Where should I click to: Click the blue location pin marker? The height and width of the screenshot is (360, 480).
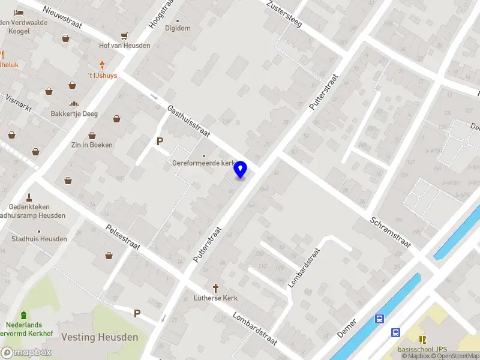[x=241, y=169]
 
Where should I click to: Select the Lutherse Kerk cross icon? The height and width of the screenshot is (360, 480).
[x=215, y=288]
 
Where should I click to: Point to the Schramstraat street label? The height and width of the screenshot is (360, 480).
[x=390, y=232]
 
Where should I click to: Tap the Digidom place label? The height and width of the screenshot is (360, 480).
[x=178, y=28]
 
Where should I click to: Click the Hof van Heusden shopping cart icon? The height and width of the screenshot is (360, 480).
[x=124, y=36]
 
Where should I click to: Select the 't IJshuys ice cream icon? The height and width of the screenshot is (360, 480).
[x=103, y=65]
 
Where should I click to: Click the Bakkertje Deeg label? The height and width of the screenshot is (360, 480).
[x=74, y=114]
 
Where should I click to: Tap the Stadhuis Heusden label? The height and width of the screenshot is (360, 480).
[x=40, y=239]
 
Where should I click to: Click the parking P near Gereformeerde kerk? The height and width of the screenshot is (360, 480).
[x=160, y=142]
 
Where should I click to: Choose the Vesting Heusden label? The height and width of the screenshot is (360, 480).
[x=100, y=337]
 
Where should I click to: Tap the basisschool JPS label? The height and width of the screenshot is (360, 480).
[x=423, y=349]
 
